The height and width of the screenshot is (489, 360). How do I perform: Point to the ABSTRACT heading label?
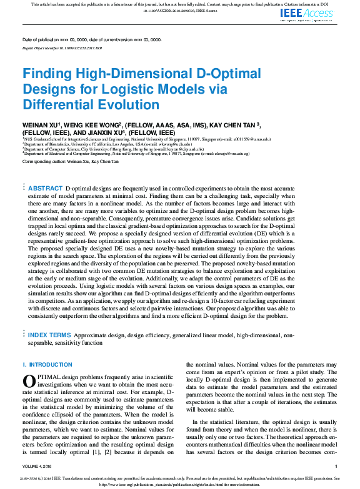click(45, 188)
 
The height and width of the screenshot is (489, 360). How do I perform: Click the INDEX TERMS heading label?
click(49, 335)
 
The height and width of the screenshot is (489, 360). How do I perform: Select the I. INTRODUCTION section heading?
click(47, 364)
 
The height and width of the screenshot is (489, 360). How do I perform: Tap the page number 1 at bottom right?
click(336, 466)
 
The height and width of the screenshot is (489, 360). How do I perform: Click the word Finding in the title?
click(49, 72)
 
